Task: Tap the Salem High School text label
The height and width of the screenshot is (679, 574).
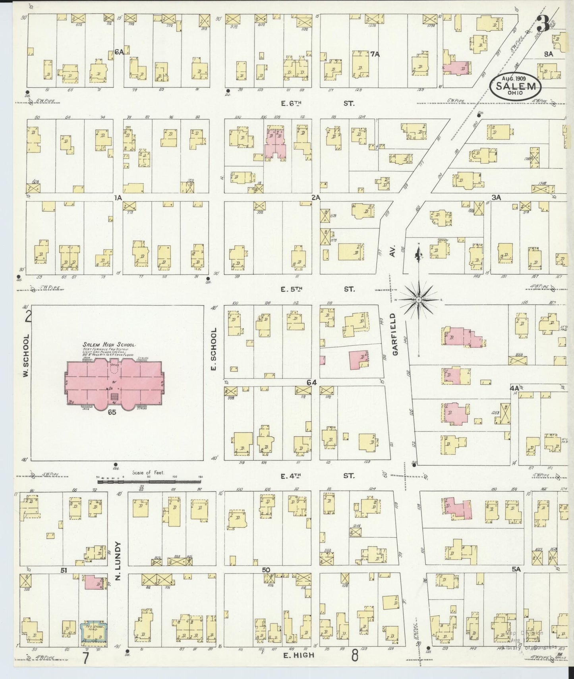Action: (x=109, y=345)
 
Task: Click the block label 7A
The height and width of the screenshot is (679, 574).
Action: (x=375, y=54)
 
